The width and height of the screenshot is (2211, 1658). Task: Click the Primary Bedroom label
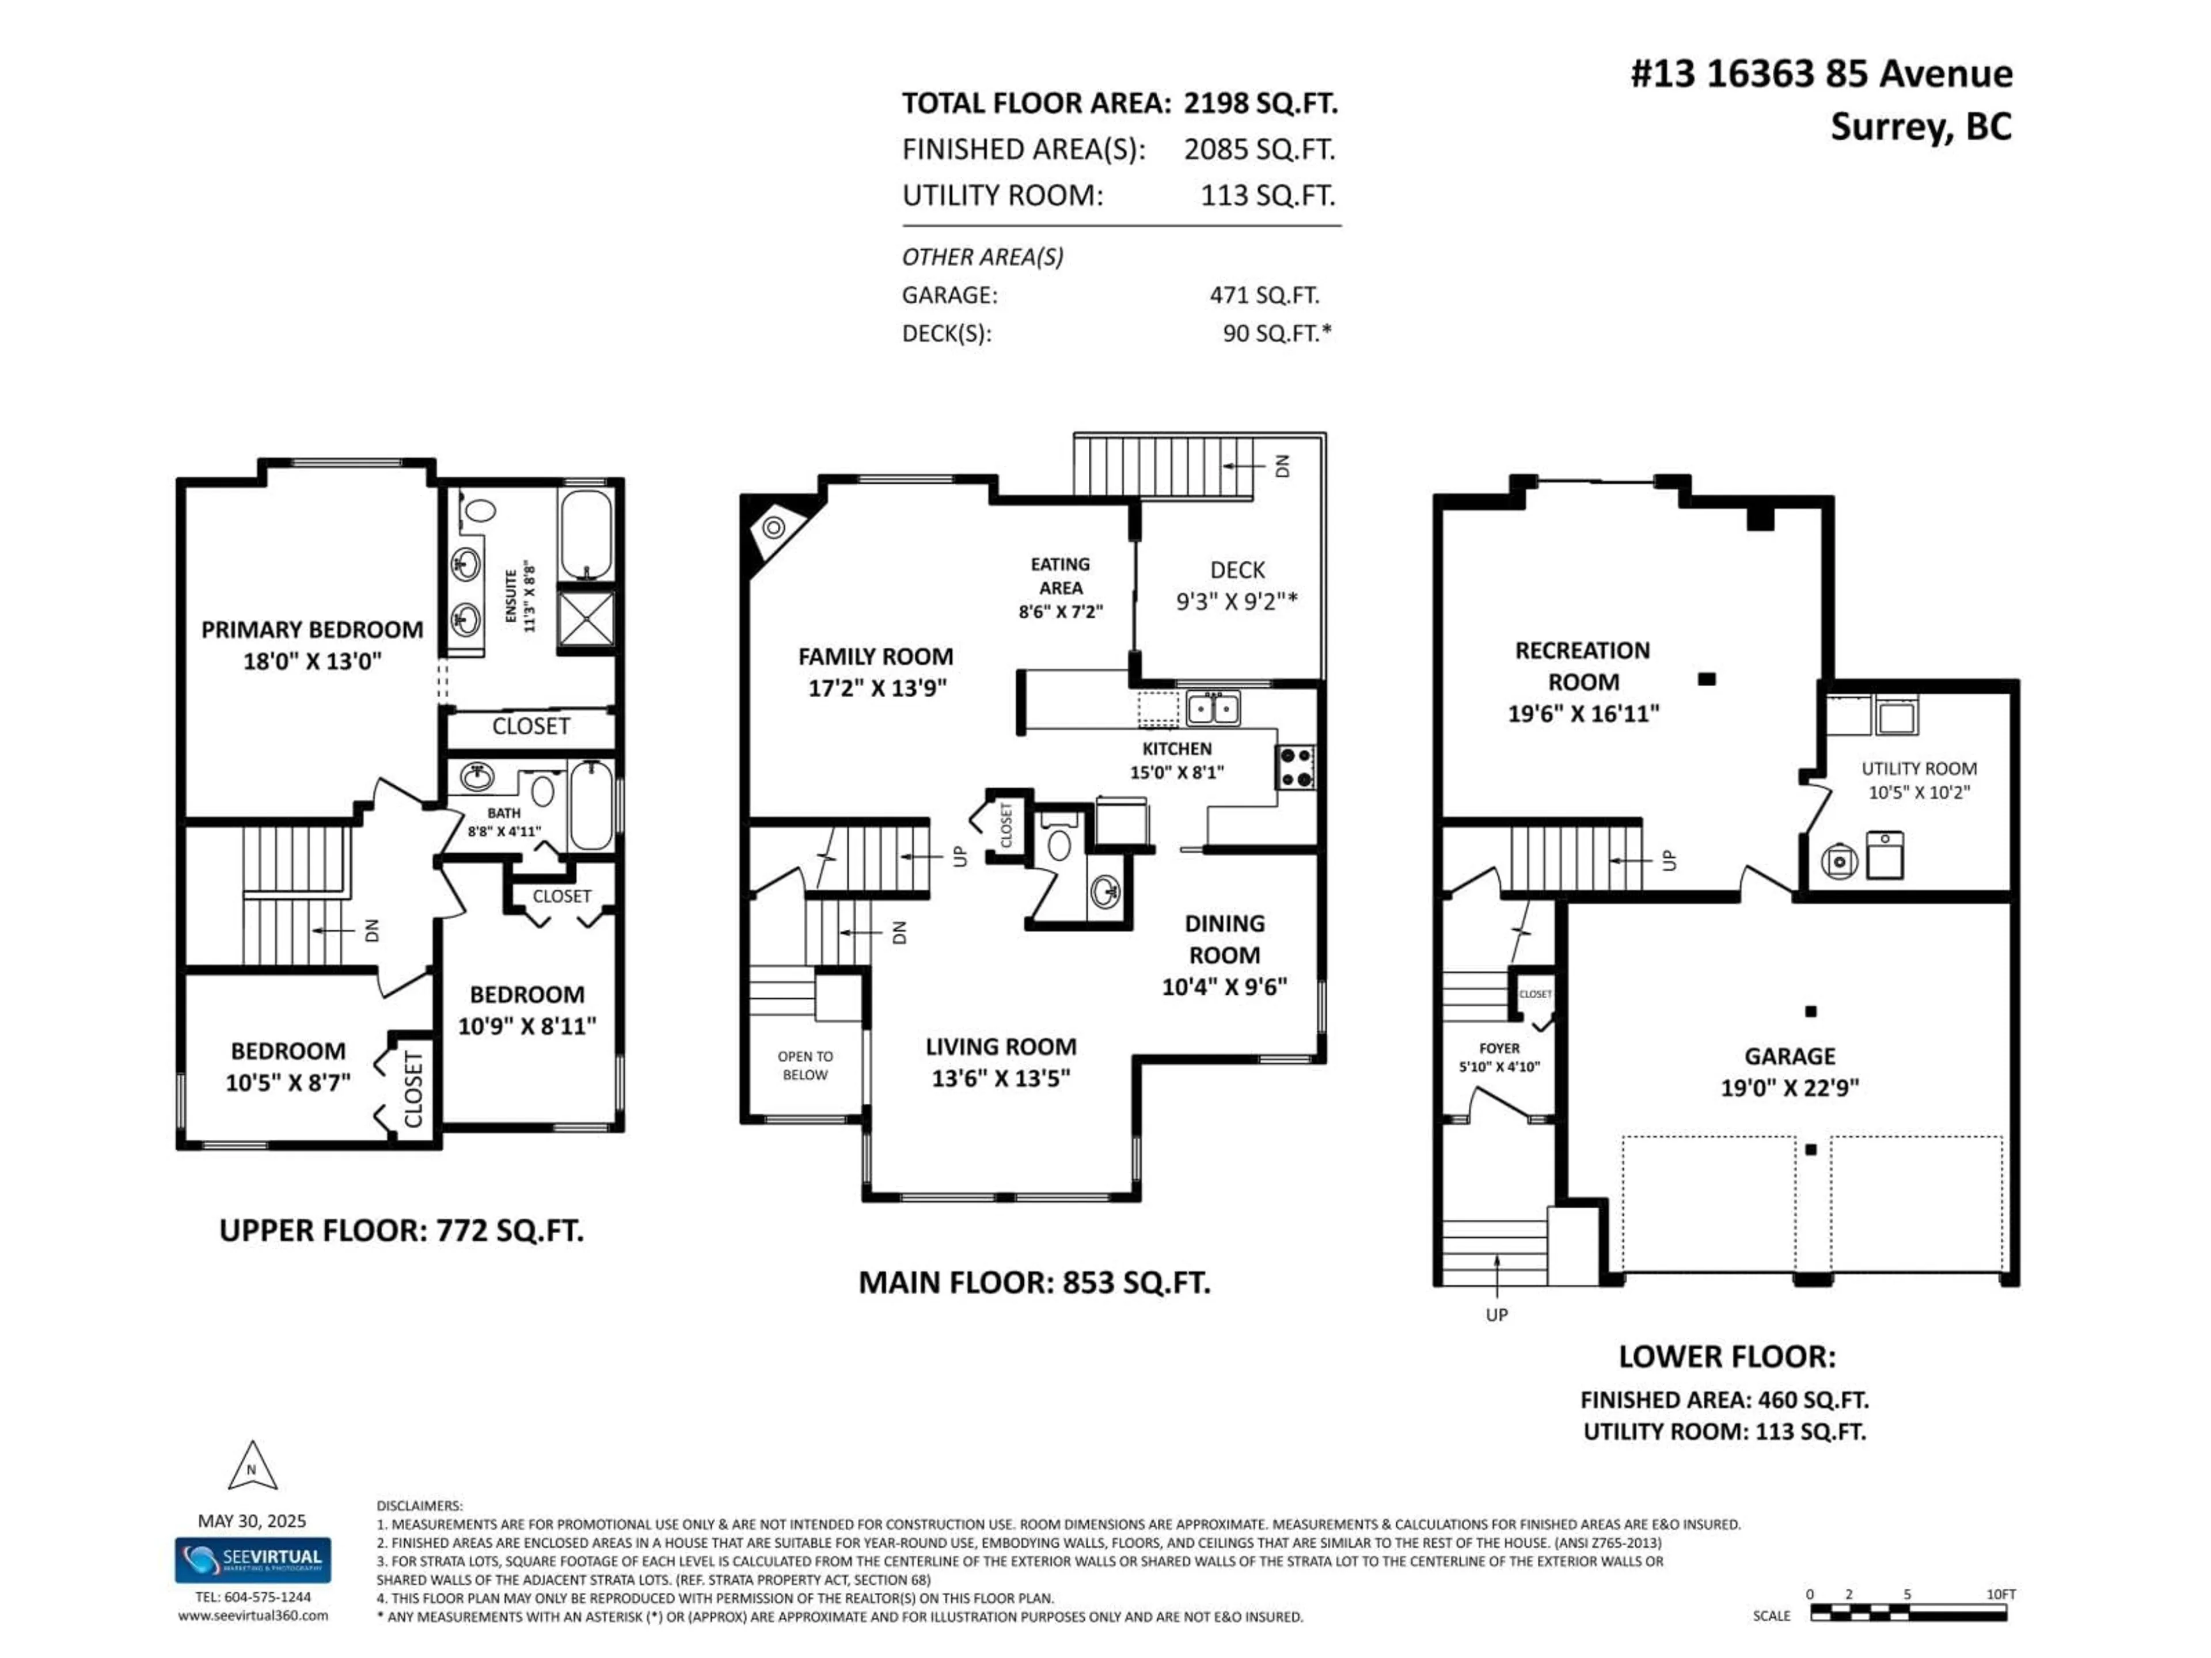coord(312,630)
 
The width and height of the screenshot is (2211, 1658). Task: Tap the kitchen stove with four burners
coord(1296,767)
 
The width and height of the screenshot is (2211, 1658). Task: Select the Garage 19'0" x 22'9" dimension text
coord(1789,1087)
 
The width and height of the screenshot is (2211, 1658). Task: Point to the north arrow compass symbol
coord(252,1467)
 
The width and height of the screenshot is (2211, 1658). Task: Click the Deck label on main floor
coord(1237,570)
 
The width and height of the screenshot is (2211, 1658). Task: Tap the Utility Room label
coord(1918,769)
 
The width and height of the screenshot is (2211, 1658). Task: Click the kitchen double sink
coord(1213,709)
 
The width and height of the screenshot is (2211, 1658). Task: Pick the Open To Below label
coord(804,1066)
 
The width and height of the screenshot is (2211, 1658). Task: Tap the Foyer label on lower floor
coord(1498,1048)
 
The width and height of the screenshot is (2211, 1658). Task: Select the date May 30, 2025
coord(252,1521)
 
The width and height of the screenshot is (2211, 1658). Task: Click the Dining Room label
coord(1225,938)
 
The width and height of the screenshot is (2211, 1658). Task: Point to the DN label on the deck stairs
coord(1283,466)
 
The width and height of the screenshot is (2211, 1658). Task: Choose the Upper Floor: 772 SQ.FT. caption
coord(401,1230)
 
